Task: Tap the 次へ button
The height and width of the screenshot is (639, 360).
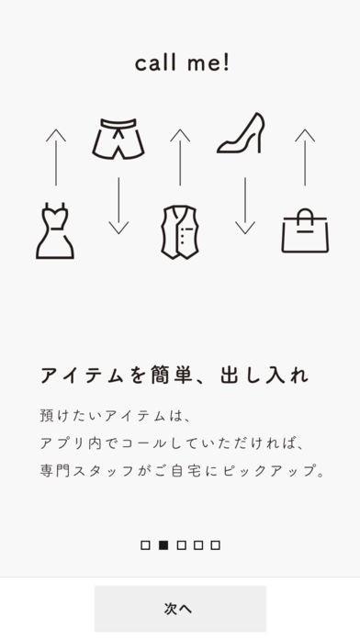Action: coord(180,609)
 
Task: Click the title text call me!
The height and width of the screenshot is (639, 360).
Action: coord(182,63)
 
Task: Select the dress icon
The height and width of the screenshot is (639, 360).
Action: coord(54,230)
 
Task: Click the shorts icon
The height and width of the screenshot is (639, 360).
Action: coord(118,139)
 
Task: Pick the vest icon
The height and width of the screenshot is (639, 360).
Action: coord(180,232)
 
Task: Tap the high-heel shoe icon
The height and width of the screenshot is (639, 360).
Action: coord(241,133)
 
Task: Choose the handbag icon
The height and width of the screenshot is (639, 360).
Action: coord(305,230)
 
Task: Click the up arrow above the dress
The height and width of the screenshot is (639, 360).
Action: coord(56,157)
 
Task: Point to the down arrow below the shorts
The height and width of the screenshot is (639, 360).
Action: coord(118,206)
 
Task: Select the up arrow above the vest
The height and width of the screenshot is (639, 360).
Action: coord(180,157)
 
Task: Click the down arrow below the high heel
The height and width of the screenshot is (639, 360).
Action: coord(245,206)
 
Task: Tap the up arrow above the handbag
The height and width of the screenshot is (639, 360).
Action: coord(305,157)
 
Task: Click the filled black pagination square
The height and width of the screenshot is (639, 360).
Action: coord(163,545)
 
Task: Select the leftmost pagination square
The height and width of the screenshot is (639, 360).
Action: coord(145,545)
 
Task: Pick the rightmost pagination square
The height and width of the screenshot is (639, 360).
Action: coord(216,545)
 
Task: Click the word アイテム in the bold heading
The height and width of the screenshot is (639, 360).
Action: coord(82,376)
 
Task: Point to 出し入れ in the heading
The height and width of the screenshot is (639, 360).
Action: coord(264,376)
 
